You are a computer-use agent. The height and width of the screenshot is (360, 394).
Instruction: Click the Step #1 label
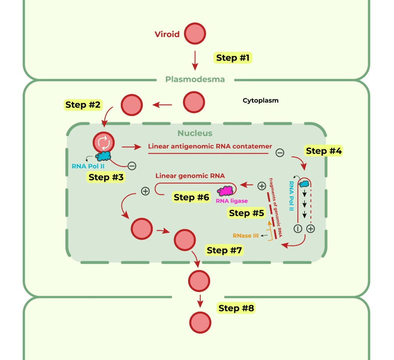(232, 58)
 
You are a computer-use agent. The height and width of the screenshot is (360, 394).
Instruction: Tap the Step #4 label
(324, 151)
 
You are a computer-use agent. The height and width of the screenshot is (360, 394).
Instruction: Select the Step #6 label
(192, 197)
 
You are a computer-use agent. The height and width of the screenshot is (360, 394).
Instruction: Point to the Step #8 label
(236, 308)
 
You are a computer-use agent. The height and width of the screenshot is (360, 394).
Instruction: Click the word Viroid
(167, 34)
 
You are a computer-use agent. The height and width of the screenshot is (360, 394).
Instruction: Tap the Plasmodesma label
(195, 80)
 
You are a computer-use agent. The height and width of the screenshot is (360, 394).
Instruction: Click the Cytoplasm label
(260, 101)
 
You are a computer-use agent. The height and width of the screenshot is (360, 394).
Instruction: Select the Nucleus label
(195, 133)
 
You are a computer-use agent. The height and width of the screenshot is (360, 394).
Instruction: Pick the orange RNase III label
(245, 235)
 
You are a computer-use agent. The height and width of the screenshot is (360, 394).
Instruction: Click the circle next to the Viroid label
(195, 34)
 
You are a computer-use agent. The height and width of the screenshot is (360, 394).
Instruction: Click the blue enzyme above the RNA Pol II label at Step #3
(103, 156)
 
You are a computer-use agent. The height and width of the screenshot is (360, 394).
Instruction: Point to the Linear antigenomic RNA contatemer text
(210, 147)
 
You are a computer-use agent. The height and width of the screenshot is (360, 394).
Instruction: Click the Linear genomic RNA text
(190, 176)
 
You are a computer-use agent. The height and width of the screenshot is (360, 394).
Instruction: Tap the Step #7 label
(224, 250)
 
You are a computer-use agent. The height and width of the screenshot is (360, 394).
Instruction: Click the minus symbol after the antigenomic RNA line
(280, 153)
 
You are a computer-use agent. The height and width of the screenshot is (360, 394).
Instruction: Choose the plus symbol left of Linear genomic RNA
(145, 191)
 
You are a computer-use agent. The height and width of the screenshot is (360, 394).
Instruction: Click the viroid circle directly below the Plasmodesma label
(194, 102)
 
